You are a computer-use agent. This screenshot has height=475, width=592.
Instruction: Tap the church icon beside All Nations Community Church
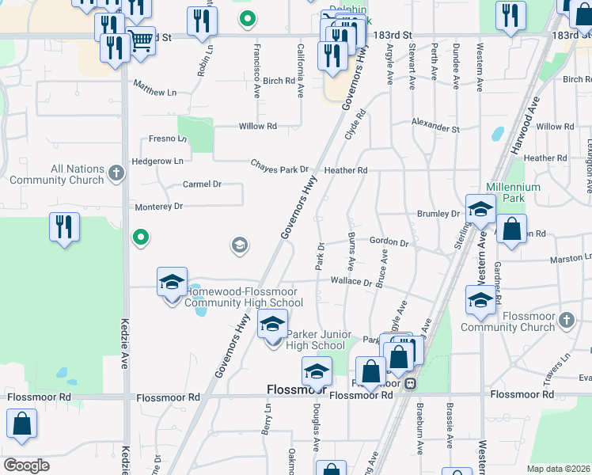(116, 172)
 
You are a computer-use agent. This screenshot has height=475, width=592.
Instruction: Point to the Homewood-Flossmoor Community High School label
(243, 297)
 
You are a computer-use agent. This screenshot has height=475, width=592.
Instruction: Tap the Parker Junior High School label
(316, 340)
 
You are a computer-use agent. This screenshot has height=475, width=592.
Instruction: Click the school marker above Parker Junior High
(272, 325)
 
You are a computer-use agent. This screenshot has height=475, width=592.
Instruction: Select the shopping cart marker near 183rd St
(141, 40)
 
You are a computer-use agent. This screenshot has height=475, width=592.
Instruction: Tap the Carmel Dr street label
(201, 184)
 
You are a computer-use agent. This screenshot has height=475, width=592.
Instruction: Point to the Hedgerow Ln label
(157, 161)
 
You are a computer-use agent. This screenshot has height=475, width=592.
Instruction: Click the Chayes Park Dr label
(279, 168)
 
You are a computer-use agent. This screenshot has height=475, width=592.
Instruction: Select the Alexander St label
(435, 127)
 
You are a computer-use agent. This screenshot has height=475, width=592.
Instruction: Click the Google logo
(26, 465)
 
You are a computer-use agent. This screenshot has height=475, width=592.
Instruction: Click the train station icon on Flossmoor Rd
(410, 383)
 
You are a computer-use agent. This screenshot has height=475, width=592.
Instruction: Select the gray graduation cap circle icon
(238, 245)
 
